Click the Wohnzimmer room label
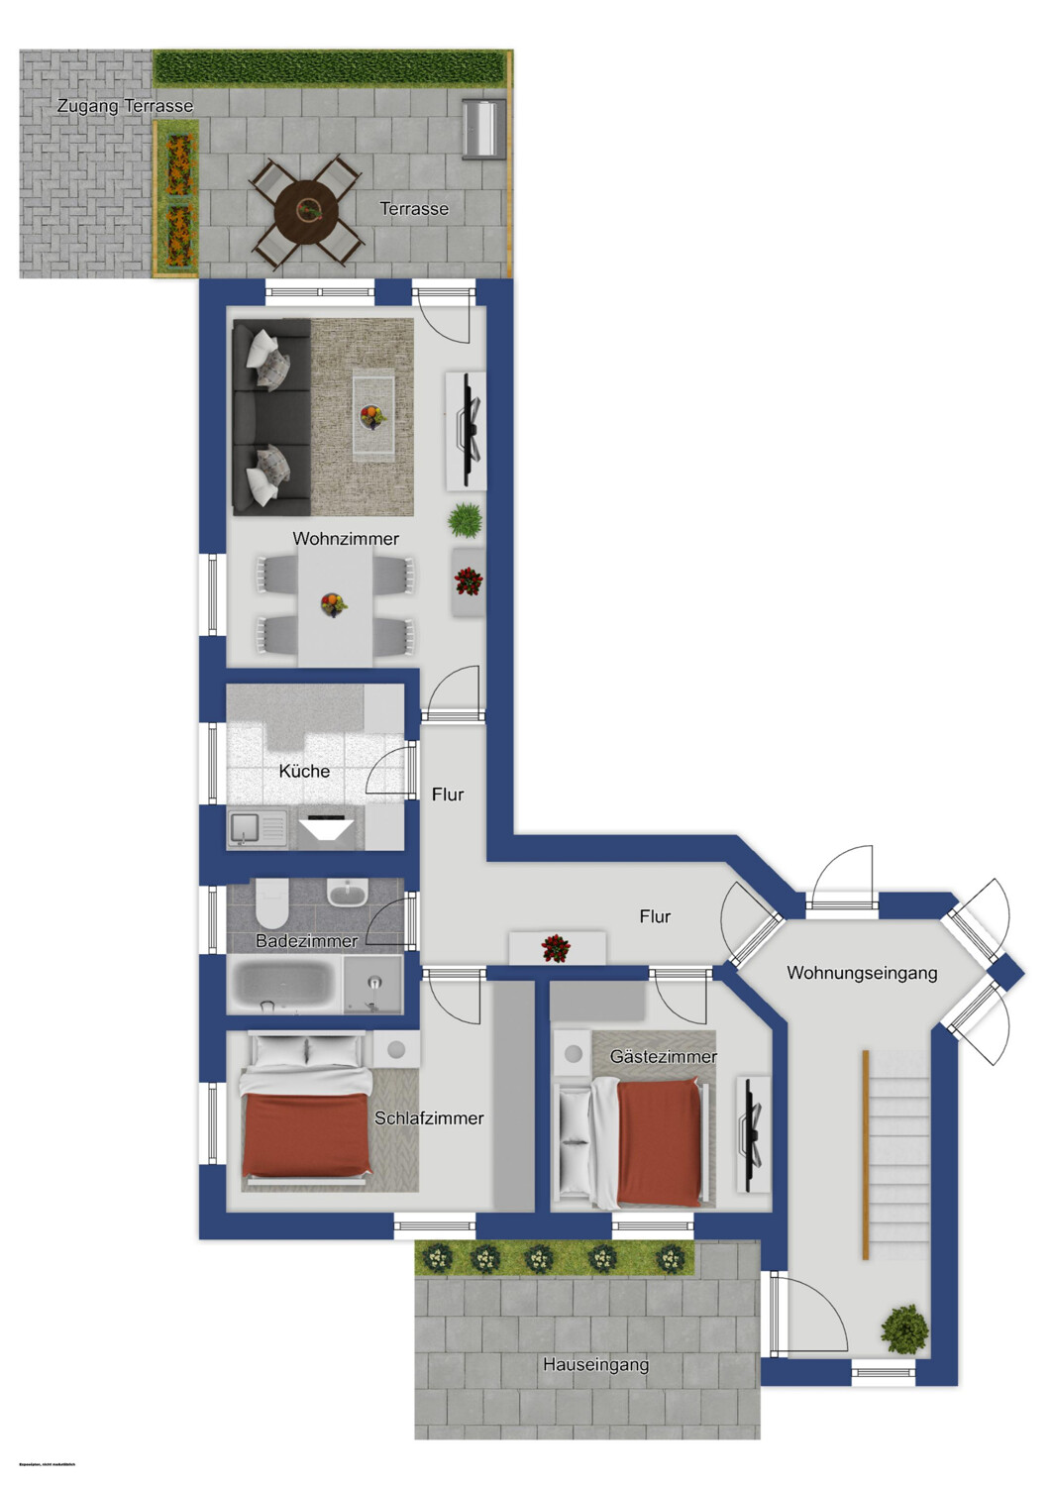346,539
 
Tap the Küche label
304,771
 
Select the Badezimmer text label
306,941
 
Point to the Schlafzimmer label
429,1118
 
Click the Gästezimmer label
663,1057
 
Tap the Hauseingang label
595,1365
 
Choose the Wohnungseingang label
862,973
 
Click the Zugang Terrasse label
125,106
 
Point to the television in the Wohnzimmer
467,430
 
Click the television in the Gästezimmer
753,1133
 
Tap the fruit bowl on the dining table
334,603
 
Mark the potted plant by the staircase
904,1328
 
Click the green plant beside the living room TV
465,519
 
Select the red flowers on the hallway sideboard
556,948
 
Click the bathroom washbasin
347,894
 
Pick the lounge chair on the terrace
483,127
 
